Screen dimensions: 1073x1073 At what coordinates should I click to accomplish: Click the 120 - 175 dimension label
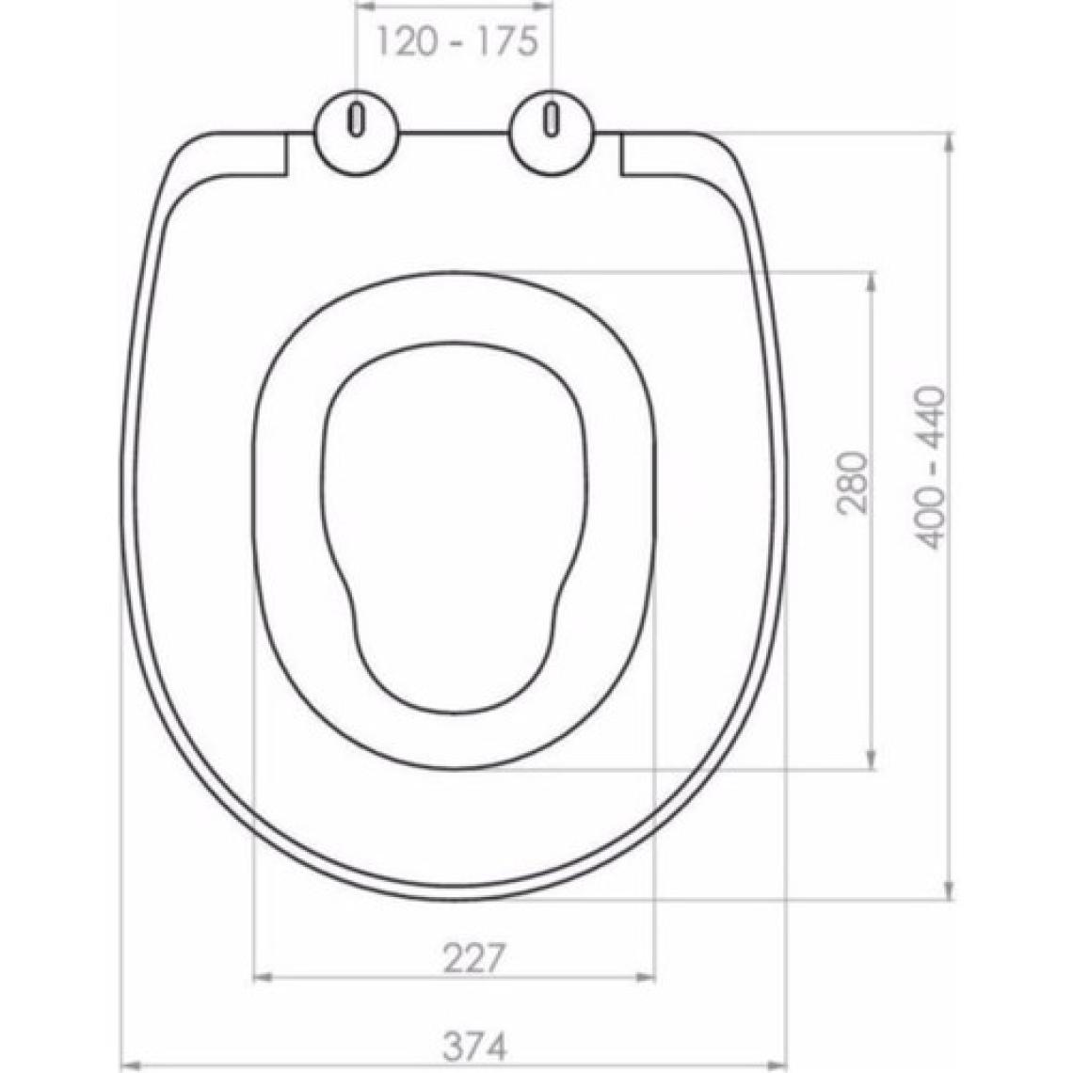(457, 42)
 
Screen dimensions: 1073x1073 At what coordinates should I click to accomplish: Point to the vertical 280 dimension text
(853, 483)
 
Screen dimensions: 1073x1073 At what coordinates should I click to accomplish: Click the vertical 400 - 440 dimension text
(931, 468)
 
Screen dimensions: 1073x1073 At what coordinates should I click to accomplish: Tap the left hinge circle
(356, 134)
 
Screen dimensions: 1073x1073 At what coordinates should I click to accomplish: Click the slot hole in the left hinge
(356, 120)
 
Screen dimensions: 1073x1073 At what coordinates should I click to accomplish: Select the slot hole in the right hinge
(551, 120)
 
